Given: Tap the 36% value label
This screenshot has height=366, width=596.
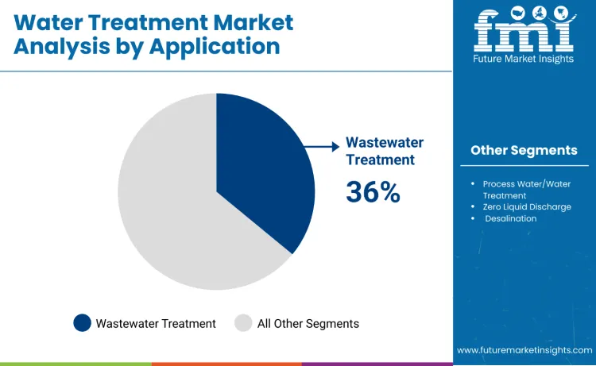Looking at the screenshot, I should click(x=373, y=191).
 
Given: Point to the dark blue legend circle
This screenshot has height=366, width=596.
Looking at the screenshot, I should click(x=82, y=323).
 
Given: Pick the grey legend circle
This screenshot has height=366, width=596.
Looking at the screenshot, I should click(x=243, y=323).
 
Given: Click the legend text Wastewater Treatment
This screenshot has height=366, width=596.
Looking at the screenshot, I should click(x=156, y=323).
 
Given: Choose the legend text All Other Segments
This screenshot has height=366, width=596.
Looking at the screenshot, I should click(x=308, y=323).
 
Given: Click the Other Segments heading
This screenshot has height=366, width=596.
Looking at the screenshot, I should click(x=524, y=150).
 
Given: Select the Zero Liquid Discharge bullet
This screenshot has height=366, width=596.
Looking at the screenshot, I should click(x=527, y=206).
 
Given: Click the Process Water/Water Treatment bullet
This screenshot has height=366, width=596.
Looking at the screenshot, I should click(x=526, y=189).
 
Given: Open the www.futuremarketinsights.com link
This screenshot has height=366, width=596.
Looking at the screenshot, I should click(x=524, y=349).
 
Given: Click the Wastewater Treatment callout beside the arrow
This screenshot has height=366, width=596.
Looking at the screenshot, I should click(x=385, y=151).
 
